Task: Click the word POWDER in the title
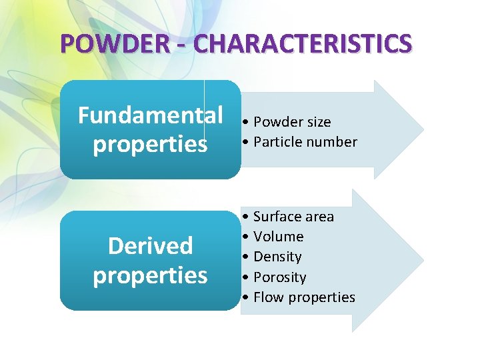click(111, 44)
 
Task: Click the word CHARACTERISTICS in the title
click(303, 44)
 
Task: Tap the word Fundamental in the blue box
click(151, 115)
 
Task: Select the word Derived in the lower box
click(150, 246)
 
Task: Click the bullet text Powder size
click(292, 122)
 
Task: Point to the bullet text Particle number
click(305, 142)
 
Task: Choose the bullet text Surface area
click(293, 217)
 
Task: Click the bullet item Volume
click(278, 237)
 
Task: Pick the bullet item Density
click(277, 257)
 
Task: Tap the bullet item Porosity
click(279, 277)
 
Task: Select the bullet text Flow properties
click(304, 297)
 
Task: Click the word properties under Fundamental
click(150, 145)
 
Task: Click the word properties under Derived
click(150, 275)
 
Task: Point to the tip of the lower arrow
click(422, 260)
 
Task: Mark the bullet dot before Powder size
click(247, 122)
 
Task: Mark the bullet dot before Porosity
click(247, 277)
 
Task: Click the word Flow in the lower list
click(267, 297)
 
